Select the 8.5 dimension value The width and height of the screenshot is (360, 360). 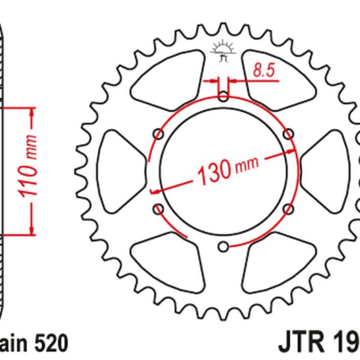260,72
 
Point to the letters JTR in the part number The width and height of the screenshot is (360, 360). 300,344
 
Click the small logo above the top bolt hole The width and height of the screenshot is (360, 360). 223,53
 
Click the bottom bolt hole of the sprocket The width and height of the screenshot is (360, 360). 223,245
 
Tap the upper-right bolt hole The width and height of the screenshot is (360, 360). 288,133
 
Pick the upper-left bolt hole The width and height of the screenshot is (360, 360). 158,133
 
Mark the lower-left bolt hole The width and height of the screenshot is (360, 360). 158,208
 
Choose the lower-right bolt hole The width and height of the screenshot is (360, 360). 288,208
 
